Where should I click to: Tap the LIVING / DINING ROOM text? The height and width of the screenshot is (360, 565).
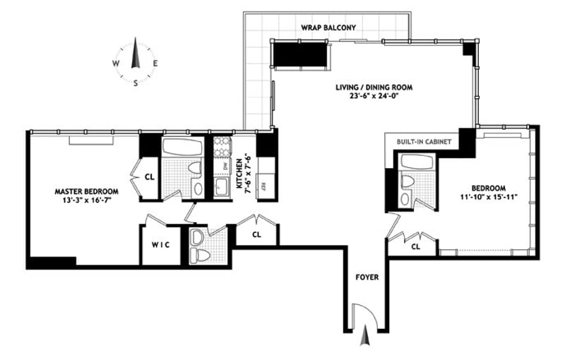(374, 88)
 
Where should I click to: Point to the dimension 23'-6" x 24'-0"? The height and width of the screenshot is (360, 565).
(374, 98)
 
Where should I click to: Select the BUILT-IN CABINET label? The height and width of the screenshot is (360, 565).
(425, 141)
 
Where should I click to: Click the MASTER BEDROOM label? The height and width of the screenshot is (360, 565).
(87, 191)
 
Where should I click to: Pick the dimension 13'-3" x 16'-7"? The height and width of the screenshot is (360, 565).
(87, 201)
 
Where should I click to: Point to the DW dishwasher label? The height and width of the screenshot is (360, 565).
(224, 167)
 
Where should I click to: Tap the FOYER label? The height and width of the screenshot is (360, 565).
(368, 277)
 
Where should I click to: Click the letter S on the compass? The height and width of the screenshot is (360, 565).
(136, 83)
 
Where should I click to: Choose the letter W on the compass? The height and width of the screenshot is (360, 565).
(114, 63)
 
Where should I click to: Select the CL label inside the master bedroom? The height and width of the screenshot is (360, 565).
(149, 178)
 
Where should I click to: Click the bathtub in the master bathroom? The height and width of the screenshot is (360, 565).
(182, 148)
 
